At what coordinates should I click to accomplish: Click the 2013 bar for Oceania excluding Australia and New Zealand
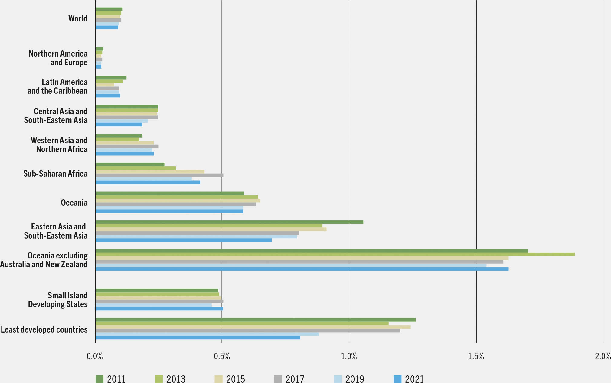[335, 255]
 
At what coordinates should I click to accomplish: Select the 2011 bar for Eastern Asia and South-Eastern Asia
[229, 222]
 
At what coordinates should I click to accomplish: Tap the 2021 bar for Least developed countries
[198, 338]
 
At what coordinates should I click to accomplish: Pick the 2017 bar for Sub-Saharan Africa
[159, 175]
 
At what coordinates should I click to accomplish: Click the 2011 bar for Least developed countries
[256, 320]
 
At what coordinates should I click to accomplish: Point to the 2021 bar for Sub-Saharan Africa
[148, 182]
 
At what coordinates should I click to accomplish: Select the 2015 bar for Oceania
[178, 200]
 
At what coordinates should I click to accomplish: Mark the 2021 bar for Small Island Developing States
[159, 309]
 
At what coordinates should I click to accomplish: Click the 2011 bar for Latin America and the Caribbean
[111, 78]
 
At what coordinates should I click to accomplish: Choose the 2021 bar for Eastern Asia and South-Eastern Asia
[184, 240]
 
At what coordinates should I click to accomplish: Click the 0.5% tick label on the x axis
[222, 356]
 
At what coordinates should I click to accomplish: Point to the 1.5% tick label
[476, 356]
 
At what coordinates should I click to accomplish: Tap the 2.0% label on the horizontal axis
[603, 356]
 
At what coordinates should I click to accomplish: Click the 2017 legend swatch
[278, 379]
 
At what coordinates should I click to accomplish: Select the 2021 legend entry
[409, 379]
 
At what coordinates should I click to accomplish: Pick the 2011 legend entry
[111, 379]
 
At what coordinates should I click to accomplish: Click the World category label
[78, 18]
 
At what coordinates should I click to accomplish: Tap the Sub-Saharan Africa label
[55, 174]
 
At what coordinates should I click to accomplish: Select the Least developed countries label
[44, 329]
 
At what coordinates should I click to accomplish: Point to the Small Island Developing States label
[58, 300]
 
